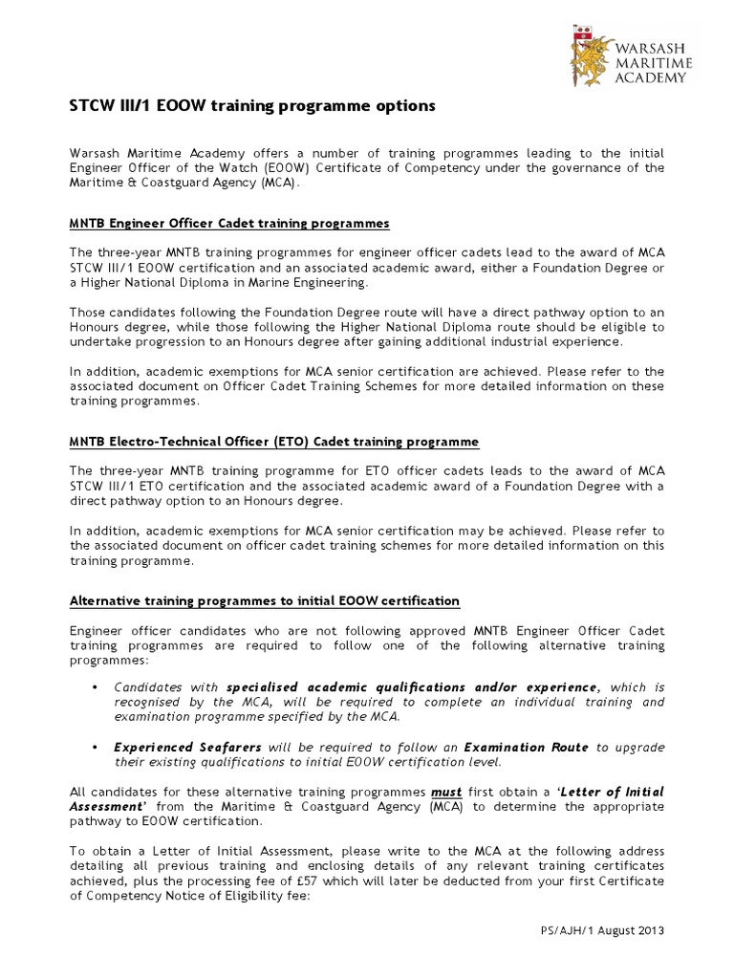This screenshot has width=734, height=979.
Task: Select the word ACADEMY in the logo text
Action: click(649, 77)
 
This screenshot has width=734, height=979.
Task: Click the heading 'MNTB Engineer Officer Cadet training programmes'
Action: click(230, 223)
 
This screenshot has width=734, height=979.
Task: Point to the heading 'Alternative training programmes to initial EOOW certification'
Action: click(265, 600)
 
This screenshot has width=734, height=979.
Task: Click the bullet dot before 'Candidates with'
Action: click(95, 687)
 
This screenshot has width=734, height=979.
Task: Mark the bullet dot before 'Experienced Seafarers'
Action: click(95, 746)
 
